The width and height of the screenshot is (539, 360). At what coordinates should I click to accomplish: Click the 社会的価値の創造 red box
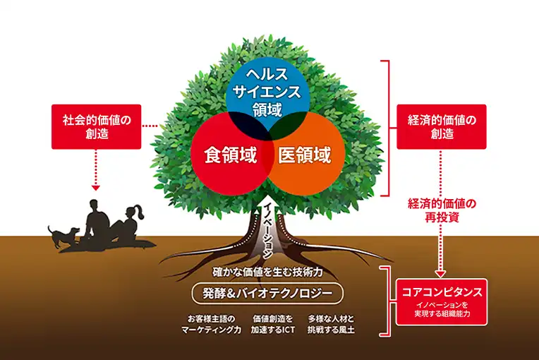pos(97,126)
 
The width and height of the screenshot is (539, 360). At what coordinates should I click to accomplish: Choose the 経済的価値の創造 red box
pos(442,126)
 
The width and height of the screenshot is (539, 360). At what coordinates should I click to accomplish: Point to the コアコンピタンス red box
pos(442,304)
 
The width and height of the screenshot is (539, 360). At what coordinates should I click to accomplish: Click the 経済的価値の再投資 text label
pos(442,210)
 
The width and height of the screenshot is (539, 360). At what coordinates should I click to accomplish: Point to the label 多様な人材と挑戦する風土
pos(331,324)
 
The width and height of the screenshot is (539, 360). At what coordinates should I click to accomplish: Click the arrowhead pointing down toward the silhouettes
pos(97,188)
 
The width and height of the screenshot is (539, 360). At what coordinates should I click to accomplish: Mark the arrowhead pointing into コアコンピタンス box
pos(442,273)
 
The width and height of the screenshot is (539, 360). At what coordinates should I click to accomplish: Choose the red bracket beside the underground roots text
pos(384,301)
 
